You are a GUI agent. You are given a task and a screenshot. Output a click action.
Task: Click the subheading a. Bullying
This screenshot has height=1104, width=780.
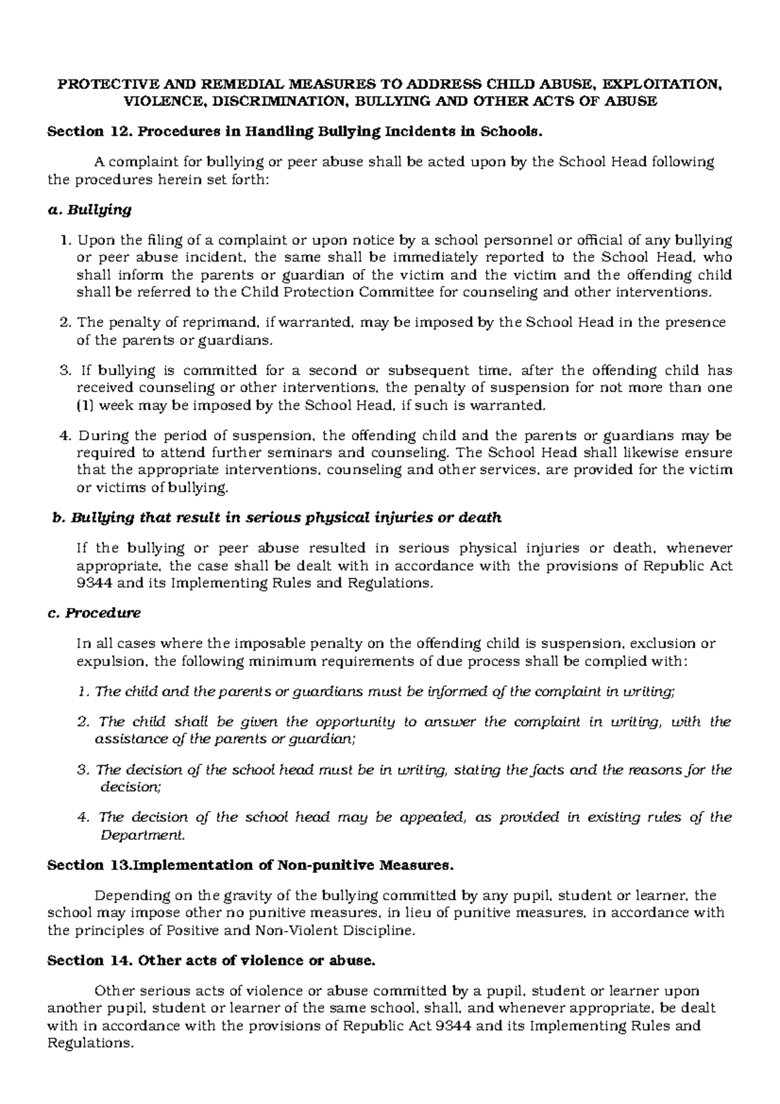pyautogui.click(x=90, y=209)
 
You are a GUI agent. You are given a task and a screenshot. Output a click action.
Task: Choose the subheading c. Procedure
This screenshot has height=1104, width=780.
pyautogui.click(x=95, y=613)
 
